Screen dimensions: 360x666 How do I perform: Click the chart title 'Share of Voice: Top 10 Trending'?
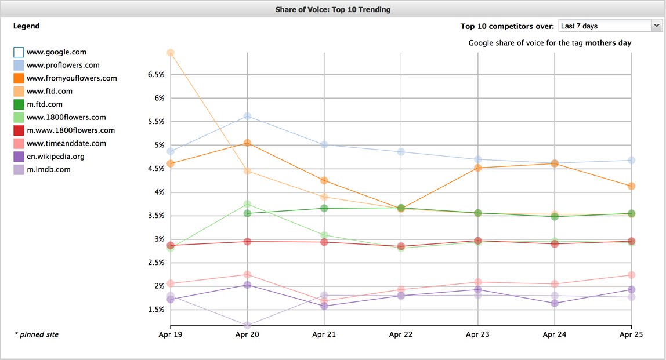[332, 9]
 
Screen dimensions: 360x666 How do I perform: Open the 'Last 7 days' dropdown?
[610, 26]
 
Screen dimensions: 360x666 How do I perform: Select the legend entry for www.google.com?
[56, 52]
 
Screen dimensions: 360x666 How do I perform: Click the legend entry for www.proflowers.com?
[63, 66]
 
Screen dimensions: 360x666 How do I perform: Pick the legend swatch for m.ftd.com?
[19, 104]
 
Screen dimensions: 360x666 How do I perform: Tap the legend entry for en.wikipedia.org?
[56, 157]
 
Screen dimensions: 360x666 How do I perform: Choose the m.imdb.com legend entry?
[49, 170]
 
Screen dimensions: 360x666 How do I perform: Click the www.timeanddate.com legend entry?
[66, 144]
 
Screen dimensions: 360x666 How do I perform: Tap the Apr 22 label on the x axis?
[401, 335]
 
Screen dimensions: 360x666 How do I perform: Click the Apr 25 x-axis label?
[631, 335]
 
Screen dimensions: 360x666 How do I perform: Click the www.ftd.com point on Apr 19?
[171, 53]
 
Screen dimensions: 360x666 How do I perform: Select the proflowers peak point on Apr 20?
[247, 117]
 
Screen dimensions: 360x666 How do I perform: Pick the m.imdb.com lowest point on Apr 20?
[247, 325]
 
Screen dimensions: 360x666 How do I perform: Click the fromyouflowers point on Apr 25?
[631, 186]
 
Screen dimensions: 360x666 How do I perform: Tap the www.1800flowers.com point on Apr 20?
[247, 204]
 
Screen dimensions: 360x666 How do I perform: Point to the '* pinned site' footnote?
[36, 334]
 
